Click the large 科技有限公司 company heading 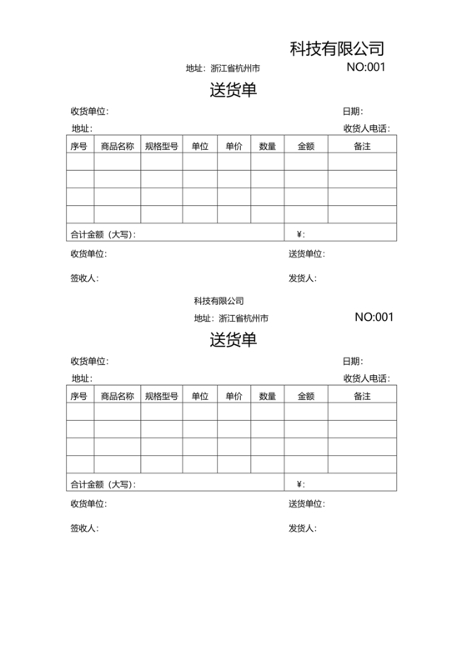[336, 48]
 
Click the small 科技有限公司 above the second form [218, 300]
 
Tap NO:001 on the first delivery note [365, 67]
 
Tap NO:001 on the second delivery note [374, 317]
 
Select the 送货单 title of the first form [233, 90]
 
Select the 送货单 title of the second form [233, 339]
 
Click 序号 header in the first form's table [79, 147]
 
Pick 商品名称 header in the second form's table [117, 396]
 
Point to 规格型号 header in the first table [162, 147]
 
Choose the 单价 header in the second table [233, 396]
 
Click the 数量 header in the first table [268, 147]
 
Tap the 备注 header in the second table [362, 396]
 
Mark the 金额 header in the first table [305, 147]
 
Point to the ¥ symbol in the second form [299, 483]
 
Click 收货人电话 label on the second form [365, 378]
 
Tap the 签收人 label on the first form [83, 278]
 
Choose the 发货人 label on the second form [302, 527]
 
